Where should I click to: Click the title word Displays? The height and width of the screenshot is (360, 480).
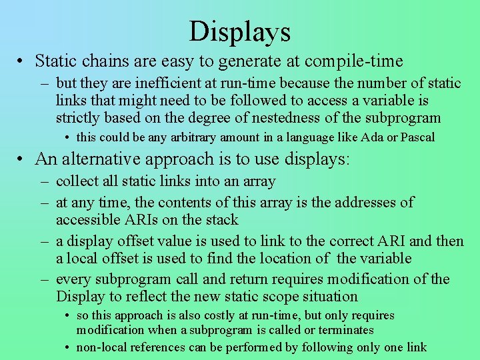tap(240, 31)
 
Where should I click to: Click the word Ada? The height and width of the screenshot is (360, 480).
tap(375, 137)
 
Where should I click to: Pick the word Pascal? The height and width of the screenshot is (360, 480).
tap(417, 137)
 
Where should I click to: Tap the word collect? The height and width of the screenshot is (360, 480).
tap(77, 181)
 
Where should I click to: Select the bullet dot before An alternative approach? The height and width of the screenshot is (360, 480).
tap(22, 160)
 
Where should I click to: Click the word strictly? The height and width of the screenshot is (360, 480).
tap(78, 118)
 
